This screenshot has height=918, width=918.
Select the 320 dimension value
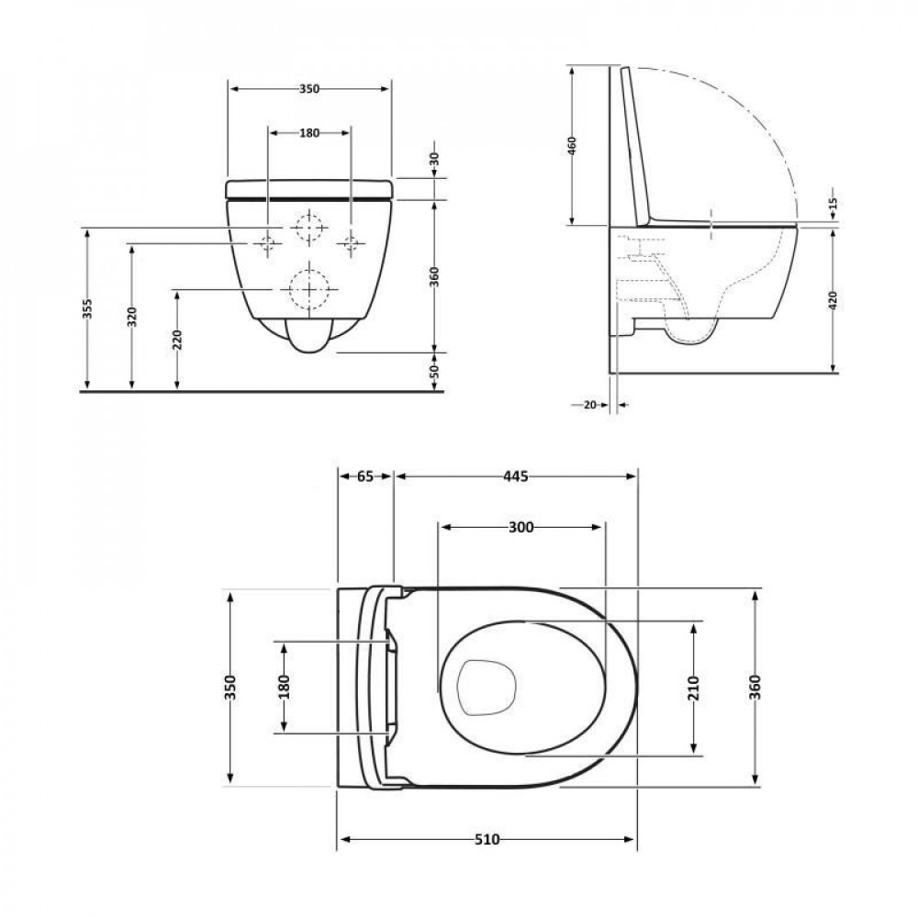point(132,318)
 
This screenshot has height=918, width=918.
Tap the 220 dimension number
point(177,341)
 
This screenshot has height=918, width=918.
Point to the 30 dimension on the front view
point(435,160)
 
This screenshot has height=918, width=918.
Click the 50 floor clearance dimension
point(435,371)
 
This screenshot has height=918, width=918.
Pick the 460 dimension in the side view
point(571,146)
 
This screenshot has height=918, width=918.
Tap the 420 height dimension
point(833,300)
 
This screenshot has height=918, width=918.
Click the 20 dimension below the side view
point(589,404)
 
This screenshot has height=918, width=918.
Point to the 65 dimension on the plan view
point(365,476)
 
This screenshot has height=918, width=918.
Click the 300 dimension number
point(521,527)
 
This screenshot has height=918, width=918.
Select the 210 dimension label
point(693,688)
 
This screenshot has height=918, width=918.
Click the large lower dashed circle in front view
point(308,289)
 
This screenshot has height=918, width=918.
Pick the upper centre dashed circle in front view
point(309,226)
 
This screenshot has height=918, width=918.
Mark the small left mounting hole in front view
point(268,242)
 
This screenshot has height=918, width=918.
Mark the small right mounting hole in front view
point(349,242)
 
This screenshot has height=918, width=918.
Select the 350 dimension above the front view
point(308,89)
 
